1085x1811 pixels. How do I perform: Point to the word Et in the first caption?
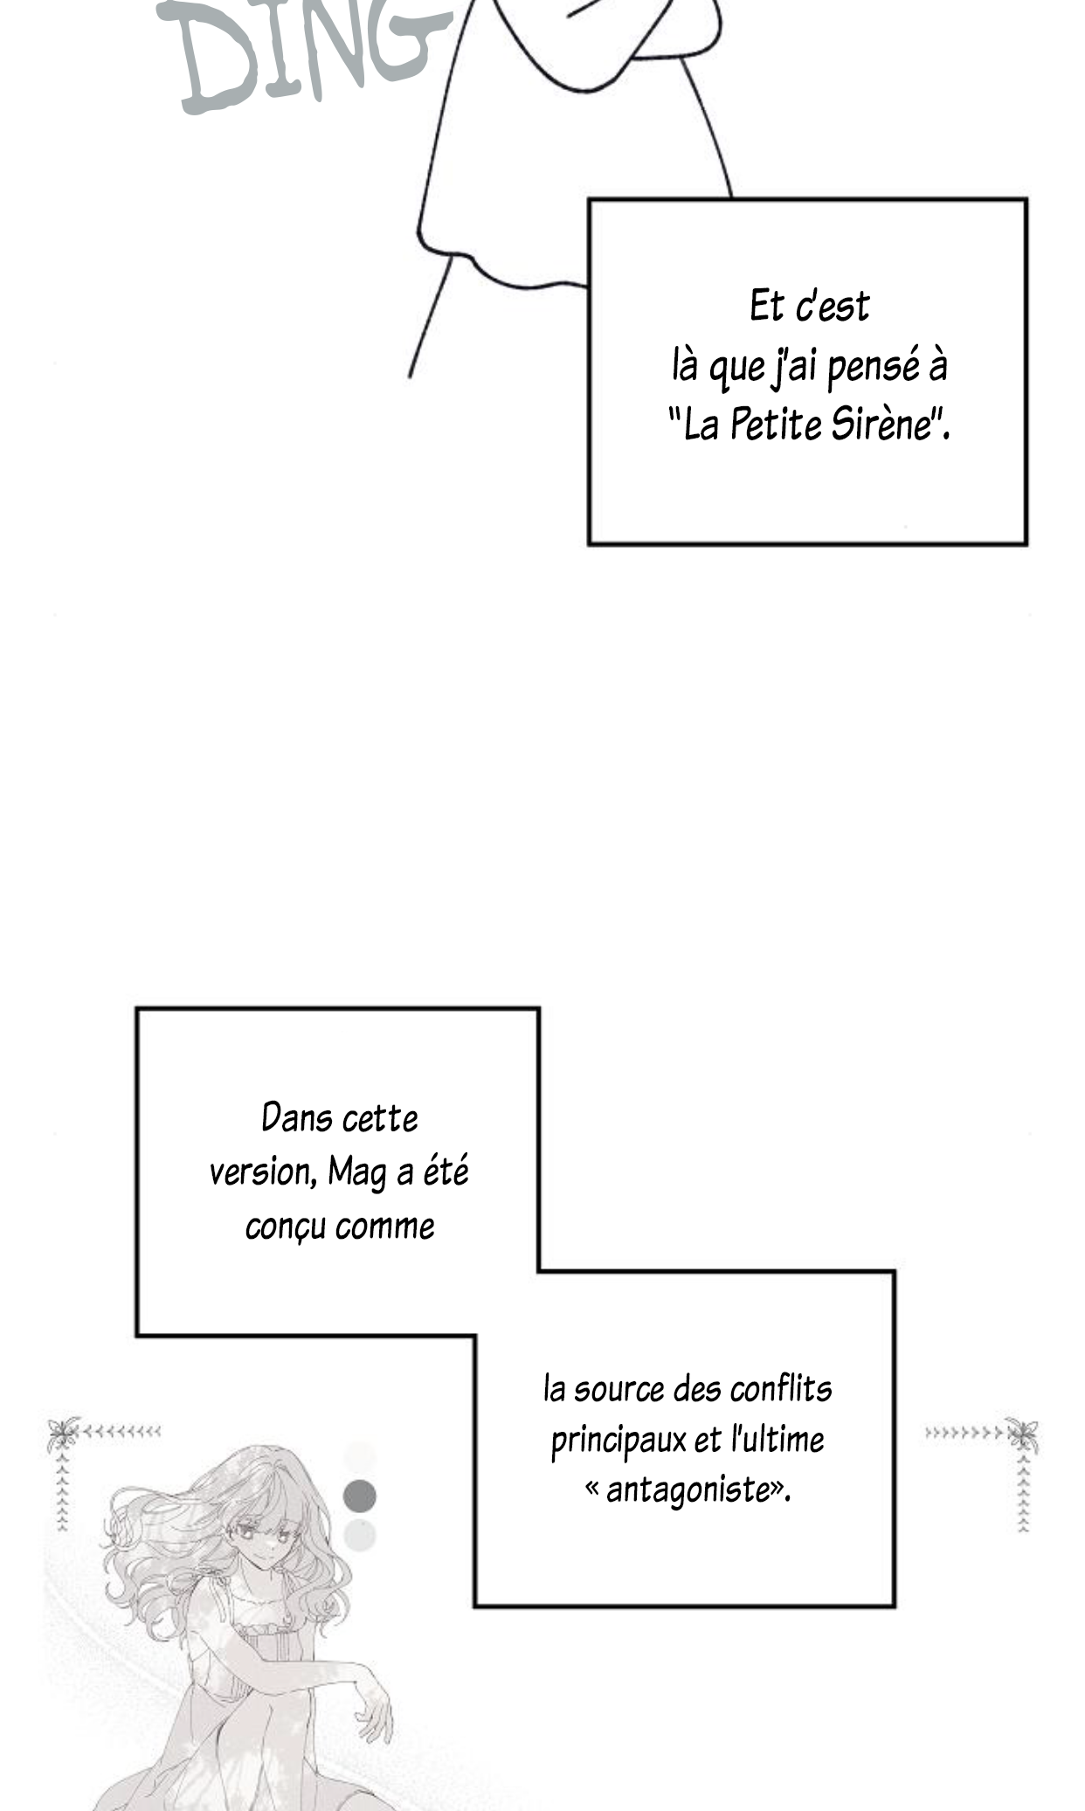pos(766,306)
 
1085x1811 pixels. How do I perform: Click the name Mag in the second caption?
pos(357,1173)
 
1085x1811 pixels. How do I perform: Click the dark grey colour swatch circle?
pos(360,1496)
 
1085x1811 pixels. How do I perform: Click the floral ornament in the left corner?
pos(63,1434)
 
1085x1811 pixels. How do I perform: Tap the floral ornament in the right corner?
pos(1021,1434)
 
